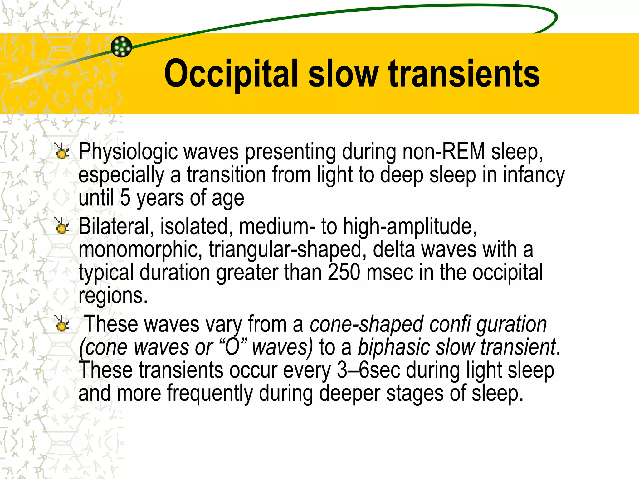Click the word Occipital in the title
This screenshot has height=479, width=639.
point(231,74)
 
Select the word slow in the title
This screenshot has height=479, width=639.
point(343,74)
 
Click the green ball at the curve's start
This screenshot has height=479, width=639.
point(121,47)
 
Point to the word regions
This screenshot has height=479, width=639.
point(113,296)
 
